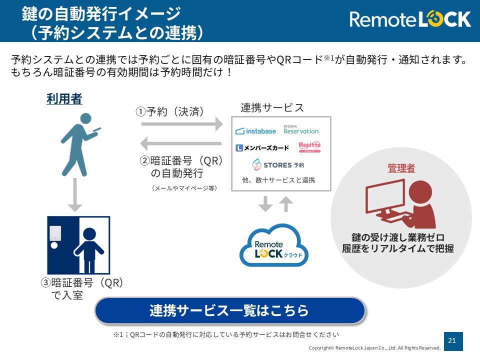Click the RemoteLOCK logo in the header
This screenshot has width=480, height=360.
[x=410, y=19]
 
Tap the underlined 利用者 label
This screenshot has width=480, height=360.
[x=64, y=99]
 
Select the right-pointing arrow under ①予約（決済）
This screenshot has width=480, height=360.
[x=182, y=123]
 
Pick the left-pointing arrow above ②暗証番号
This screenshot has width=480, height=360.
[x=180, y=143]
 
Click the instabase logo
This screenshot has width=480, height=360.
[x=255, y=131]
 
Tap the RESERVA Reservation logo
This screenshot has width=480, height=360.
[x=300, y=130]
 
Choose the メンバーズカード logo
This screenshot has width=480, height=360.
[x=262, y=148]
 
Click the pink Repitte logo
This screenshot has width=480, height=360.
[x=309, y=146]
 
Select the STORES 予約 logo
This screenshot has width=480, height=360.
[x=278, y=164]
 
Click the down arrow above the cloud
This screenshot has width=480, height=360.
[x=265, y=203]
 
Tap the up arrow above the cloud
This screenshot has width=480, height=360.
[x=286, y=203]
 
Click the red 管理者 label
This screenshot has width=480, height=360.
[x=401, y=168]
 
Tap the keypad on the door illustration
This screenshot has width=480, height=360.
[x=55, y=233]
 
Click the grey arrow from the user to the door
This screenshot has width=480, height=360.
[x=74, y=194]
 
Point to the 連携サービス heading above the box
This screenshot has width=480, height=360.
[x=272, y=108]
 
